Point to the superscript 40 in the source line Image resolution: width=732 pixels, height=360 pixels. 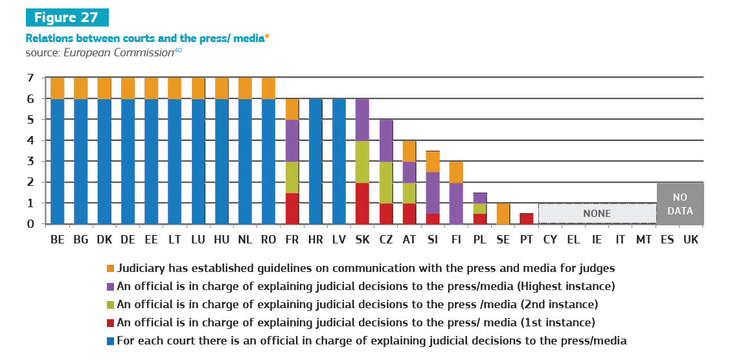[x=177, y=50]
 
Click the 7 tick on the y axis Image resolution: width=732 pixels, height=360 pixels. [x=30, y=78]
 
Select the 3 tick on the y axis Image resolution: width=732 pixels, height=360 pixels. [x=30, y=162]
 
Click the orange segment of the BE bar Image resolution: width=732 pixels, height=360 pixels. [x=58, y=88]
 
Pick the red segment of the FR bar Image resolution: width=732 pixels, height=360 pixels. [x=292, y=208]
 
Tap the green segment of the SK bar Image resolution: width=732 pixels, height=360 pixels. [x=362, y=161]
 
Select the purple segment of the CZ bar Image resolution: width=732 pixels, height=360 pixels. [x=385, y=141]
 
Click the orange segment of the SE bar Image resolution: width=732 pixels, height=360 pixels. [x=503, y=214]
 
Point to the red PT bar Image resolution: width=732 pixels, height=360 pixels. [x=526, y=219]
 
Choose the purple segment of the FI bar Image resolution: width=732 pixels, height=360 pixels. [x=455, y=203]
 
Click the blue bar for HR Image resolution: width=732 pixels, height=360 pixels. [x=315, y=161]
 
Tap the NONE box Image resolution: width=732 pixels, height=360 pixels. [x=597, y=214]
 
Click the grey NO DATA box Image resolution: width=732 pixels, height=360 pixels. [x=680, y=203]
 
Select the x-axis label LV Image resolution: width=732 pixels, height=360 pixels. [x=339, y=240]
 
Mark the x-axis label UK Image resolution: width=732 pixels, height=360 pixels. [x=691, y=240]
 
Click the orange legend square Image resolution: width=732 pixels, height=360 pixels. [x=110, y=268]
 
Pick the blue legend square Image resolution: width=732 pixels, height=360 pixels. [x=110, y=341]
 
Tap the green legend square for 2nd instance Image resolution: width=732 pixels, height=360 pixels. [x=110, y=304]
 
